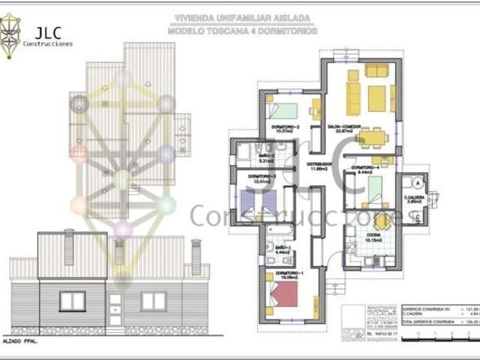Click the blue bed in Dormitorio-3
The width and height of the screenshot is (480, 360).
click(x=252, y=201)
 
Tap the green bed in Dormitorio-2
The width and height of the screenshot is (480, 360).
click(x=284, y=110)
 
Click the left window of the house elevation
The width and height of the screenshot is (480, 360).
click(x=73, y=301)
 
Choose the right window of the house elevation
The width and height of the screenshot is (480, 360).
click(x=154, y=301)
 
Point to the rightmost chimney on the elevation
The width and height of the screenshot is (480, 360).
click(x=196, y=256)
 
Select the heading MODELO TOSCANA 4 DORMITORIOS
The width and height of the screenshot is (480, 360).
click(x=241, y=31)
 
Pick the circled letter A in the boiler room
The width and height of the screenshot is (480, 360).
click(x=414, y=182)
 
